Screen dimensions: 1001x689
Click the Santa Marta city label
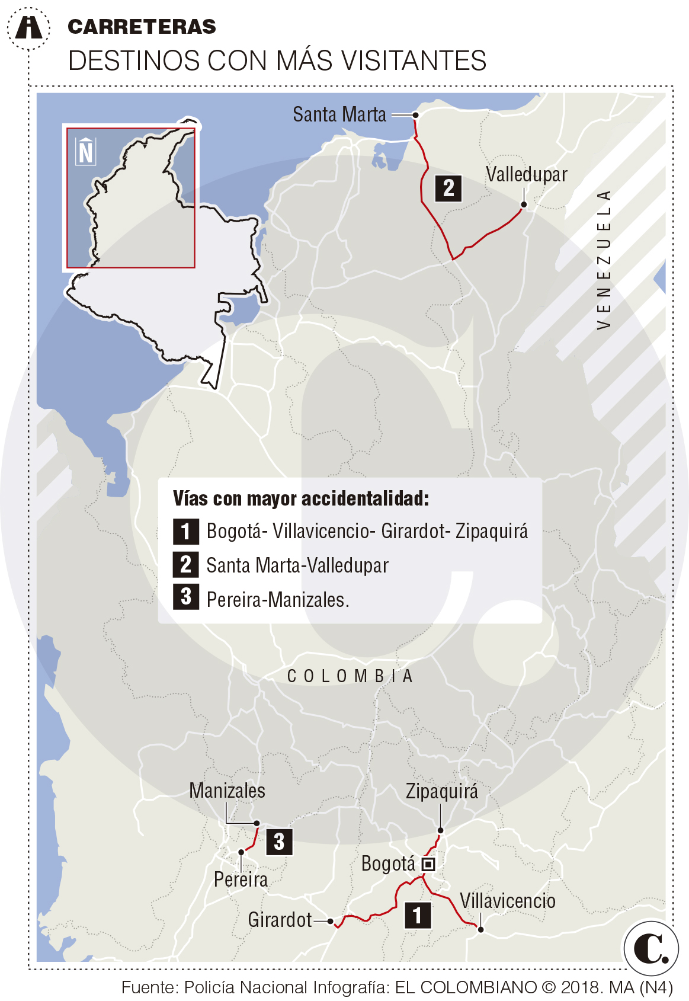[x=339, y=114]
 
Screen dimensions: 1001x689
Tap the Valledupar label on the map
[x=526, y=174]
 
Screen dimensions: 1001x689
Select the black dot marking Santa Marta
[x=416, y=115]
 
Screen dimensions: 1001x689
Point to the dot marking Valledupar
[x=524, y=205]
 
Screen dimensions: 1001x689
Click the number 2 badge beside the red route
[x=448, y=188]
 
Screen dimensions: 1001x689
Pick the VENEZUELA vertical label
[x=603, y=260]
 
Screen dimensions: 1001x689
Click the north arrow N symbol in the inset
[x=86, y=152]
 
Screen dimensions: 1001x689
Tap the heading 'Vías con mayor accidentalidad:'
[x=301, y=498]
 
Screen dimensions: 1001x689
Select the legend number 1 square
[x=185, y=531]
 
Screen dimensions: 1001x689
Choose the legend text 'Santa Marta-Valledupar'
[x=297, y=565]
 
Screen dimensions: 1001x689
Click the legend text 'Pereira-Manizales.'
[x=278, y=600]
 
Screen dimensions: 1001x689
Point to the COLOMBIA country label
[x=350, y=676]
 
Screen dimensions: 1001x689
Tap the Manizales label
[x=227, y=791]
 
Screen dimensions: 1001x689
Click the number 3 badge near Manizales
[x=279, y=842]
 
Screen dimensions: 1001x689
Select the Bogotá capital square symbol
[x=428, y=864]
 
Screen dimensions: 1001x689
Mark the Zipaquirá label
[x=442, y=791]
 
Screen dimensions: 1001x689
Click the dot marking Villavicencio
[x=481, y=929]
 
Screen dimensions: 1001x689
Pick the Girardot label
[x=280, y=920]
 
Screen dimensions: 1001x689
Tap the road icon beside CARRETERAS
[x=28, y=27]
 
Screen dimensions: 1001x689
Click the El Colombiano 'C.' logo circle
[x=651, y=948]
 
